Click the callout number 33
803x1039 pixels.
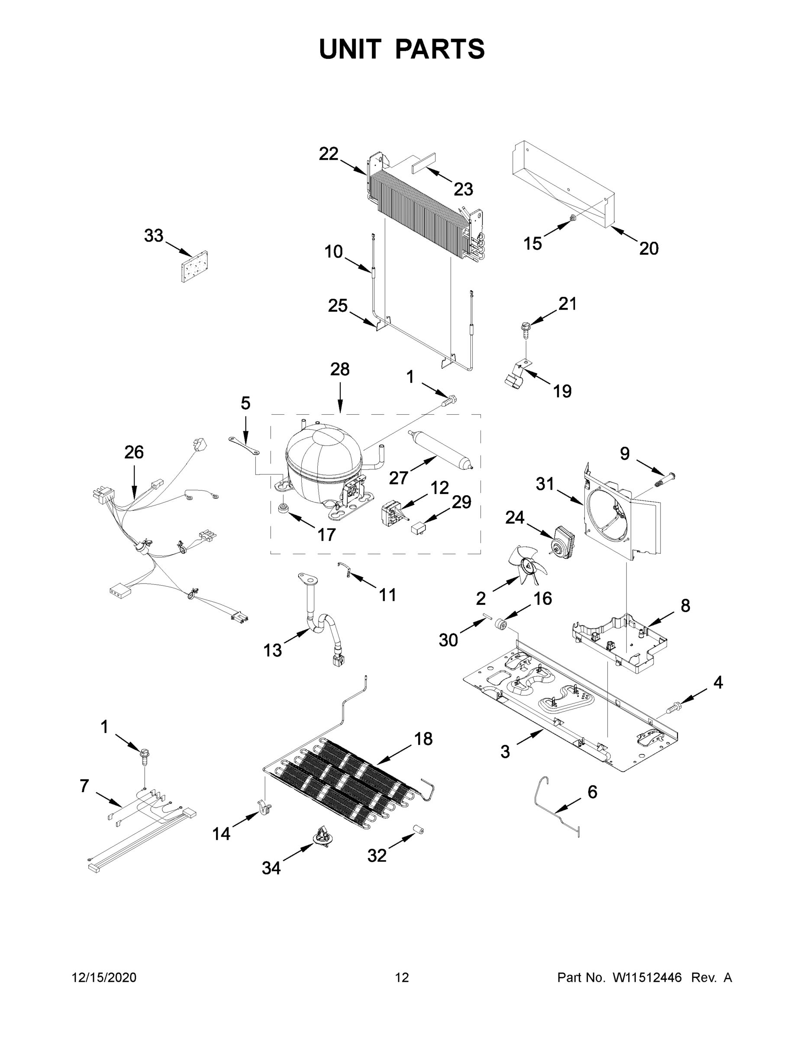tap(154, 236)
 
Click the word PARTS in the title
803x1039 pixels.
tap(440, 49)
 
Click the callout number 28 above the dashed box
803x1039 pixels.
tap(340, 369)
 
